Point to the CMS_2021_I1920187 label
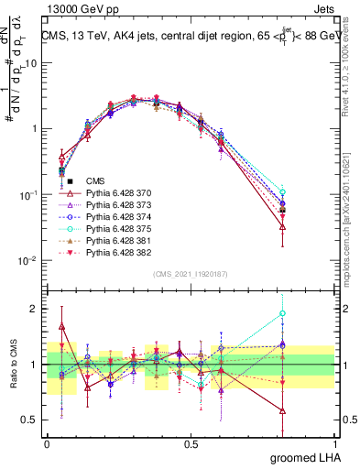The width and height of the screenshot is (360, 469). click(x=191, y=273)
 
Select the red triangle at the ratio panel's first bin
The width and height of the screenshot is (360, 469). click(x=61, y=325)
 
